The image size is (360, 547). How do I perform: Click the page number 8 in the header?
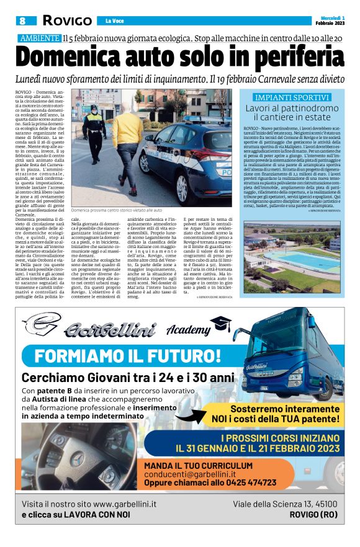coord(22,20)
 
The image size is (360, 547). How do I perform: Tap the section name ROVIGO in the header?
coord(67,20)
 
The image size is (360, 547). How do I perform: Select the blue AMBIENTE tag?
coord(39,38)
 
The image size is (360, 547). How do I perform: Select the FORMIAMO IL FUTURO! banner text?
coord(128,356)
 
